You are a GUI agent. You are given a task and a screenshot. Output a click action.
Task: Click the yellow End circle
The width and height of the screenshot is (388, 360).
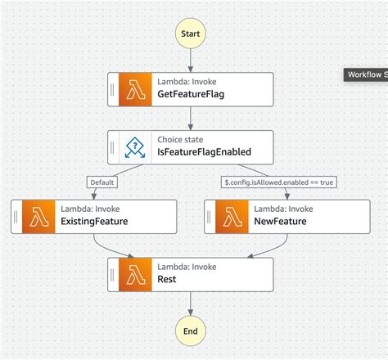click(190, 331)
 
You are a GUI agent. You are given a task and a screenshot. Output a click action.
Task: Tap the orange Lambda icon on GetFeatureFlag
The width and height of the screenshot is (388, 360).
click(133, 89)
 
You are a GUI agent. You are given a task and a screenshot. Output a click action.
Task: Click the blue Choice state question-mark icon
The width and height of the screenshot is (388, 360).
click(133, 146)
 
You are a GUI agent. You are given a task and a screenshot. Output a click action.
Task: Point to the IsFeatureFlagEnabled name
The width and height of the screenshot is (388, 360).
click(204, 152)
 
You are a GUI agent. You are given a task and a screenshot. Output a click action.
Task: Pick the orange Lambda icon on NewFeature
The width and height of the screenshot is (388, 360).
click(229, 216)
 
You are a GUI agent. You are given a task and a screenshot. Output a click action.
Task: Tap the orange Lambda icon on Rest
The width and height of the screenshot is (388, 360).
click(133, 273)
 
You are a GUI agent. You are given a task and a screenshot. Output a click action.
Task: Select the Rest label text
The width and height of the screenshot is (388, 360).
click(167, 279)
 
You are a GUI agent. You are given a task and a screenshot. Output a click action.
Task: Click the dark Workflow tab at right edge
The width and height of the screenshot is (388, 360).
click(365, 74)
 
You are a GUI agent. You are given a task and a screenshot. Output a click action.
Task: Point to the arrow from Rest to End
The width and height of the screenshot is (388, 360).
click(190, 303)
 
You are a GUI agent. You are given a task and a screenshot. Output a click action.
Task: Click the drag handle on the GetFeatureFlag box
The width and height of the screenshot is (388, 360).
click(112, 89)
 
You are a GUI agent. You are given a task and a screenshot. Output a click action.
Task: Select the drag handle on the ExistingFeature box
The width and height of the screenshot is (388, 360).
click(16, 216)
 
